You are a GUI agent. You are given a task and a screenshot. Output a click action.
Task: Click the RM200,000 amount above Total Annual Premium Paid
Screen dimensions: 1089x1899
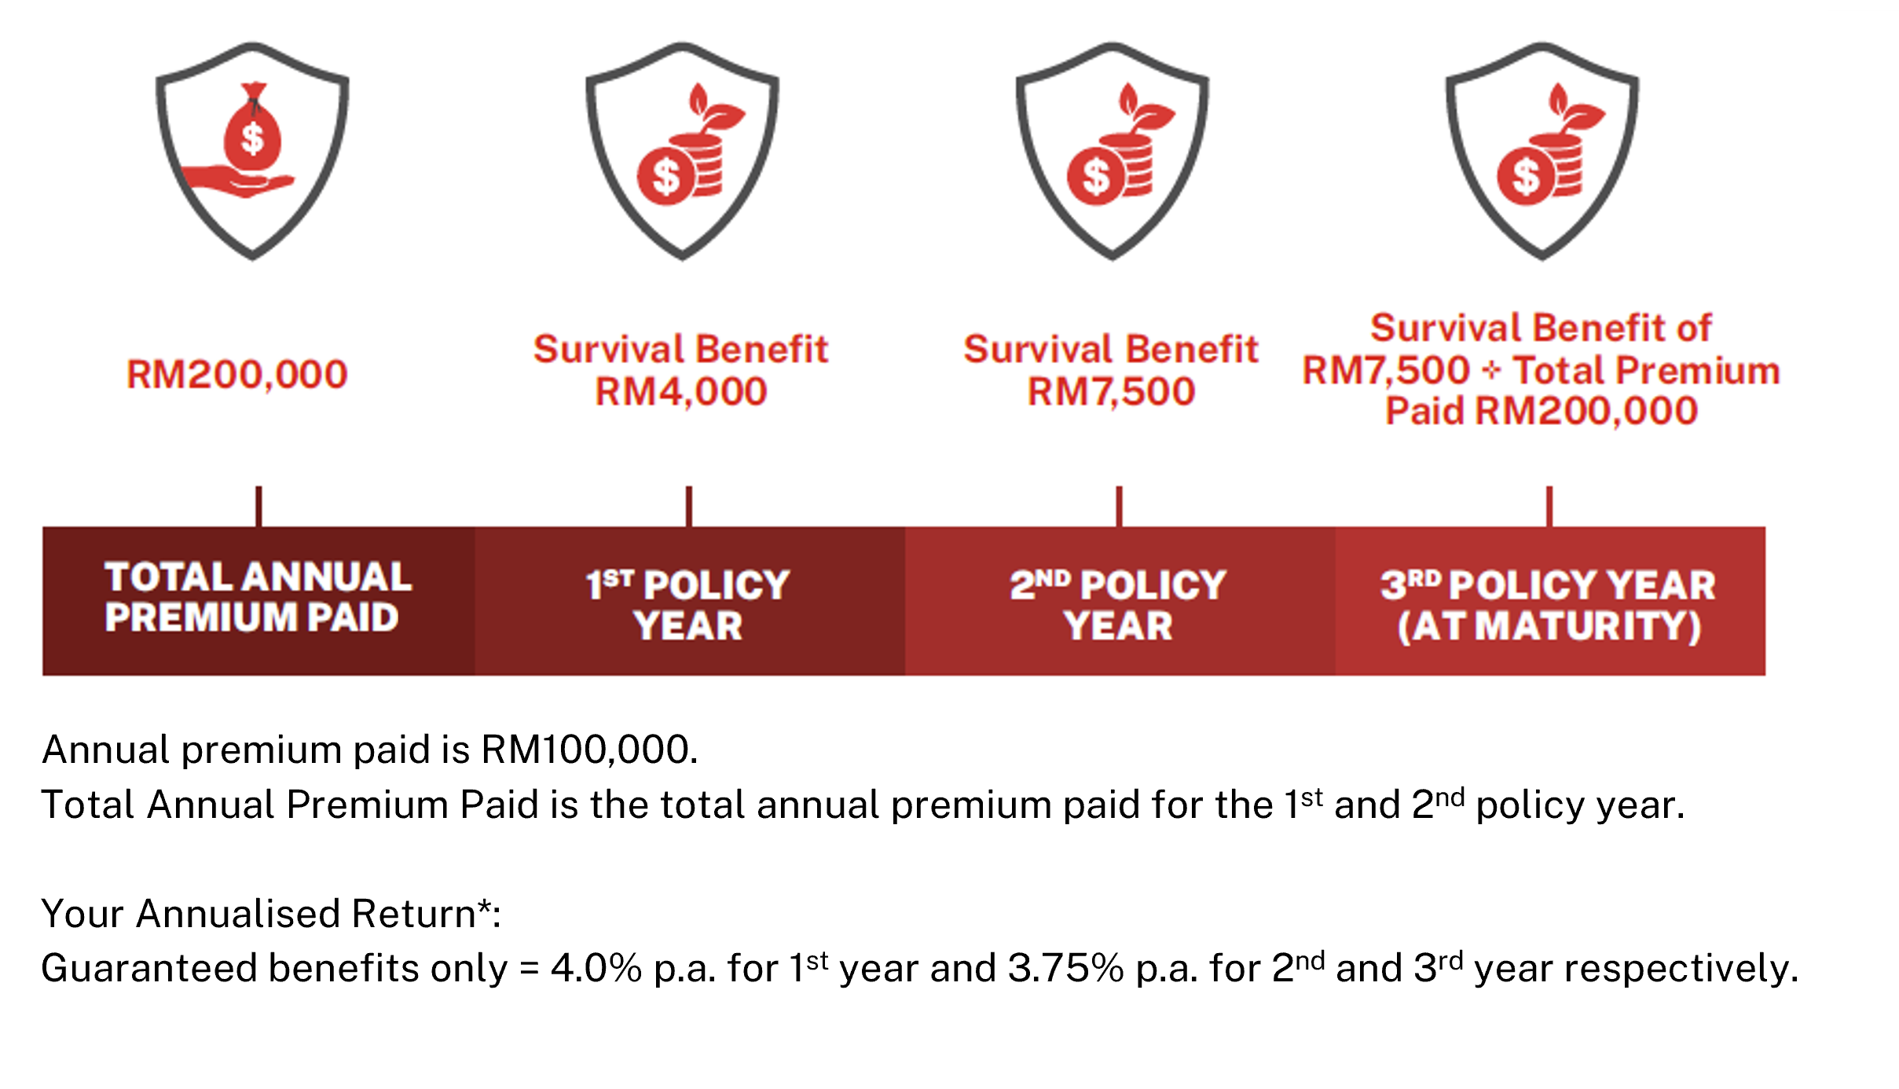236,374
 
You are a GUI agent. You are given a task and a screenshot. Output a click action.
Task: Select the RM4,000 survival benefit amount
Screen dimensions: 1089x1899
680,391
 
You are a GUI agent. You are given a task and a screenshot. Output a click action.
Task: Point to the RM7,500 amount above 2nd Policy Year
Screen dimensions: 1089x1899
1111,391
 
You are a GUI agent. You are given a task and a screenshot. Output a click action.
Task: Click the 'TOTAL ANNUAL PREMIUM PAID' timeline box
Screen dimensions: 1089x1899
258,600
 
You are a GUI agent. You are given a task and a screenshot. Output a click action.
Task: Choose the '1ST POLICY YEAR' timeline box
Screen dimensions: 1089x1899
689,600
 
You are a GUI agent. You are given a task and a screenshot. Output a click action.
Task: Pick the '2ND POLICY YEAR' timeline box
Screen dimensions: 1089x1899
1119,600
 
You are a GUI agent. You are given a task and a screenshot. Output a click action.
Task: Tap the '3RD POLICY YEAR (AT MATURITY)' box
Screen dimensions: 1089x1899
1549,600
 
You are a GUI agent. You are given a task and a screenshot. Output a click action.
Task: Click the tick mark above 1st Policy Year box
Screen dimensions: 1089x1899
689,506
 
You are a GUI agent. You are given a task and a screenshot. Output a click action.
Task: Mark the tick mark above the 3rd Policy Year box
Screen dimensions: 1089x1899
1549,506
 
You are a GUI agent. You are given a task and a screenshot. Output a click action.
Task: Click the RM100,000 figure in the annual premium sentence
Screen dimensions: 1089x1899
588,750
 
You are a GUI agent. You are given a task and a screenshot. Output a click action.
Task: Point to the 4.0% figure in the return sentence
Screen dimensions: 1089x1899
596,968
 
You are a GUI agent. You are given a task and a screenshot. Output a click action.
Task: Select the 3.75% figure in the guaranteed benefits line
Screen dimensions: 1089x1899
1065,968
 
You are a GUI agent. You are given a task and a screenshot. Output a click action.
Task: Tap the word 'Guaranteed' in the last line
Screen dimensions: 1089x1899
148,968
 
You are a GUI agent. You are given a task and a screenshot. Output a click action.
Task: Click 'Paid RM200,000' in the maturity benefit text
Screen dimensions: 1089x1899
1541,411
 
